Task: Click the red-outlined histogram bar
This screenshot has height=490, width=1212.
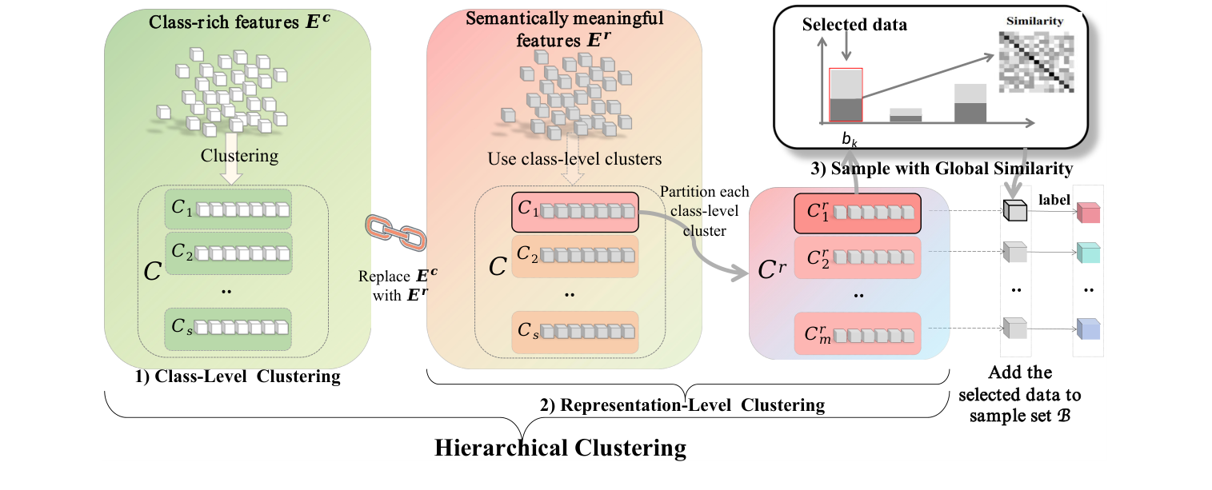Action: (x=846, y=95)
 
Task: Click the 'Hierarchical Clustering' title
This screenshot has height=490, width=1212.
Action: (x=560, y=447)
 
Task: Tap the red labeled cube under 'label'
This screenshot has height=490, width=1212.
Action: (x=1089, y=212)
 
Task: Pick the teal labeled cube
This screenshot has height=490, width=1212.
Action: (x=1089, y=253)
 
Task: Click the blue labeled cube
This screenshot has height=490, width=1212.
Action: (x=1089, y=328)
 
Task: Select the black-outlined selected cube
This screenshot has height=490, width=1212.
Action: (x=1015, y=210)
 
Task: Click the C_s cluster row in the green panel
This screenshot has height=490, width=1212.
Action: (x=229, y=328)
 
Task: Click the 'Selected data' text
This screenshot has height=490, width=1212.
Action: (x=854, y=25)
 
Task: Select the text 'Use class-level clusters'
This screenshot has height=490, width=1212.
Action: (x=574, y=159)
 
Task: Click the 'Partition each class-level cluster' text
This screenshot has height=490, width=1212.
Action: (x=705, y=213)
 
